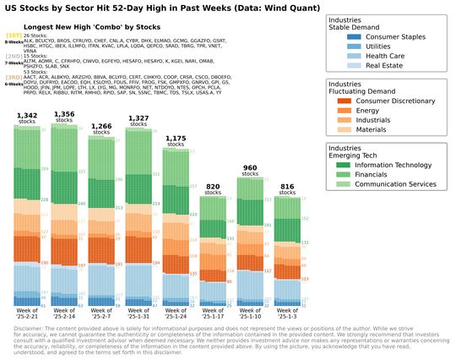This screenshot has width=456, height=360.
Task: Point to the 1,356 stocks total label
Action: pos(62,114)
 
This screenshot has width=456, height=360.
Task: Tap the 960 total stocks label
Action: pos(249,168)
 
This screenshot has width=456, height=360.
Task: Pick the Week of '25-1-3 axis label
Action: pos(286,315)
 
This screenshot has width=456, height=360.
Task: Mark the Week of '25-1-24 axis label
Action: pos(175,315)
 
